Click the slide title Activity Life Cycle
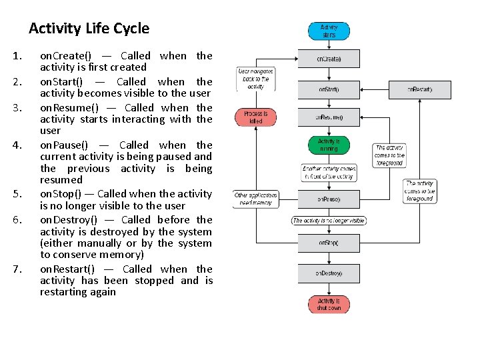coord(89,29)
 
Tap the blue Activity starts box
coord(329,31)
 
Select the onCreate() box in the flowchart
coord(329,59)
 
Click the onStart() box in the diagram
coord(329,89)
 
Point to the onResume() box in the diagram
coord(329,117)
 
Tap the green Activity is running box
coord(329,145)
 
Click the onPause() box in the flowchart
coord(329,199)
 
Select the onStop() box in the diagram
coord(329,243)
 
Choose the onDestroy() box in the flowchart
coord(329,273)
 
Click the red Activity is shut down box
coord(329,304)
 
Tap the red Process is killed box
coord(255,117)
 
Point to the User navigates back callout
coord(255,79)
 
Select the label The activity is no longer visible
coord(329,221)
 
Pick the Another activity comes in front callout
coord(329,173)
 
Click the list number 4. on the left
coord(19,145)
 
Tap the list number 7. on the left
coord(19,269)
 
